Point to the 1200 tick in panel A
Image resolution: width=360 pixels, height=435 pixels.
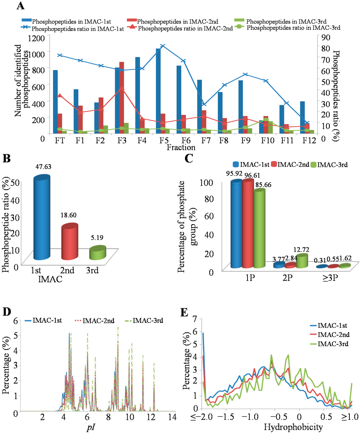point(37,38)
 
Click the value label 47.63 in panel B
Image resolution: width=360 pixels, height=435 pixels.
point(43,167)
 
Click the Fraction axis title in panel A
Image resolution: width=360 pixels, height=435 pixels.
point(181,148)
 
